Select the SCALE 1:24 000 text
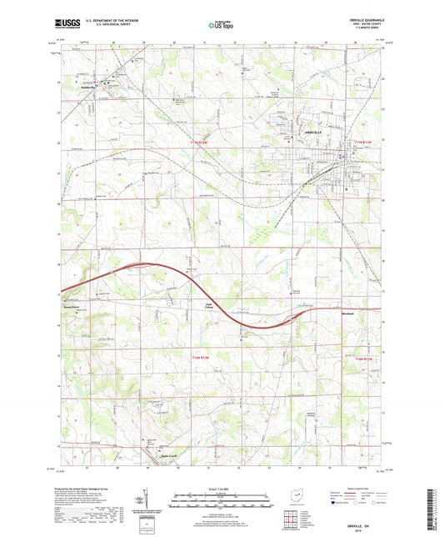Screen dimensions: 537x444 pyautogui.click(x=221, y=489)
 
